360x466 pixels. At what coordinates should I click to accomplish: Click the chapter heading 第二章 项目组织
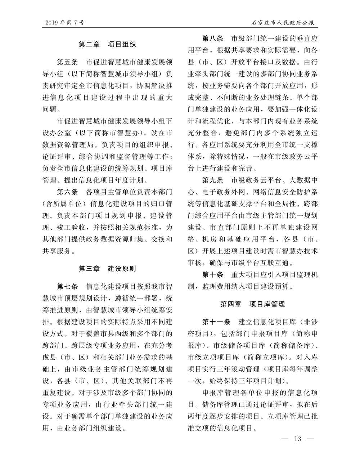click(x=107, y=45)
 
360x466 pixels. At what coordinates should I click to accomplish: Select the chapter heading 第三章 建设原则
click(x=107, y=269)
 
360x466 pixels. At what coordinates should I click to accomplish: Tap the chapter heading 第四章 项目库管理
click(x=252, y=304)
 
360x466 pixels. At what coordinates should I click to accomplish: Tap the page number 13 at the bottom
click(x=297, y=439)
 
